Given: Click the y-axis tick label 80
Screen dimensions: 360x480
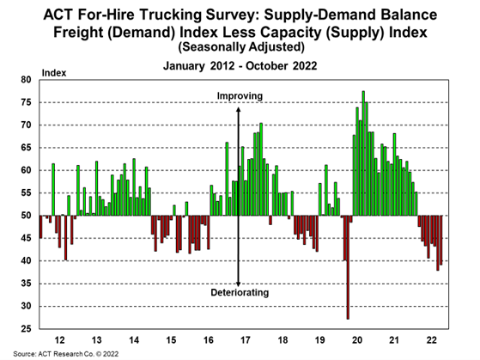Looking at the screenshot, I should coord(26,80).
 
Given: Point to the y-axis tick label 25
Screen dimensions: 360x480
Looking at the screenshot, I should coord(26,329).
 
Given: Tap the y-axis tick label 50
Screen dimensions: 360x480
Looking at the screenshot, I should coord(26,216).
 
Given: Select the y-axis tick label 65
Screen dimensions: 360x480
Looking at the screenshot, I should coord(26,148).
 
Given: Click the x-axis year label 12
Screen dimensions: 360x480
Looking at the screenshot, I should coord(58,339).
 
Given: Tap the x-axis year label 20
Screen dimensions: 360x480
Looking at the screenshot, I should coord(358,339).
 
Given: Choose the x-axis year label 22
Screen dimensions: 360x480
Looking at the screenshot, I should coord(432,339).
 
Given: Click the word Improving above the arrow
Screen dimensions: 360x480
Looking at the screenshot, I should coord(240,96).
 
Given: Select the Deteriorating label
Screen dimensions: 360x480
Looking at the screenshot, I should coord(240,293).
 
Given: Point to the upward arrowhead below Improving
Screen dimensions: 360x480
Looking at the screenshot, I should coord(240,107).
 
